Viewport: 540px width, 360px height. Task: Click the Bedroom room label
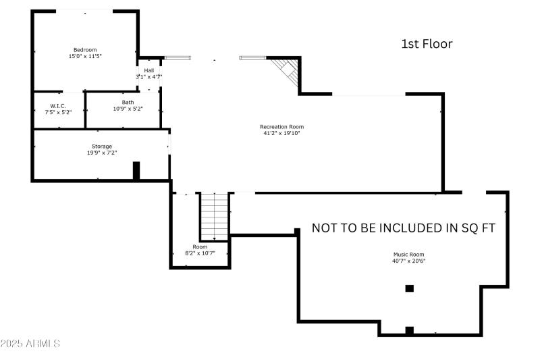[85, 50]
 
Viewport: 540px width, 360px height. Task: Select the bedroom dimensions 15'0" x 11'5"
[85, 57]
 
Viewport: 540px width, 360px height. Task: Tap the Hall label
[148, 70]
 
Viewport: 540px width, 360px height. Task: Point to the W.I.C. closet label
[57, 105]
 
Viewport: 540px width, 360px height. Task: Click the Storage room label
[102, 146]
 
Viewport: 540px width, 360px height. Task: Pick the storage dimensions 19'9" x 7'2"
[102, 153]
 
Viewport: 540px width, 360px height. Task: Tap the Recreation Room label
[282, 126]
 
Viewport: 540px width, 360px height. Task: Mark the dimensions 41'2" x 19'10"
[282, 133]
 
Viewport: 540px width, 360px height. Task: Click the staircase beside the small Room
[215, 215]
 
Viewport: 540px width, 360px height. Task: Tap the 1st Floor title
[427, 44]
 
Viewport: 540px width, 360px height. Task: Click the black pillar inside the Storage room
[136, 170]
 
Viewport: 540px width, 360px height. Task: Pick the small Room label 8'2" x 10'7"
[200, 250]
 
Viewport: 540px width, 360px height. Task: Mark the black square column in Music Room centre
[409, 288]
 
